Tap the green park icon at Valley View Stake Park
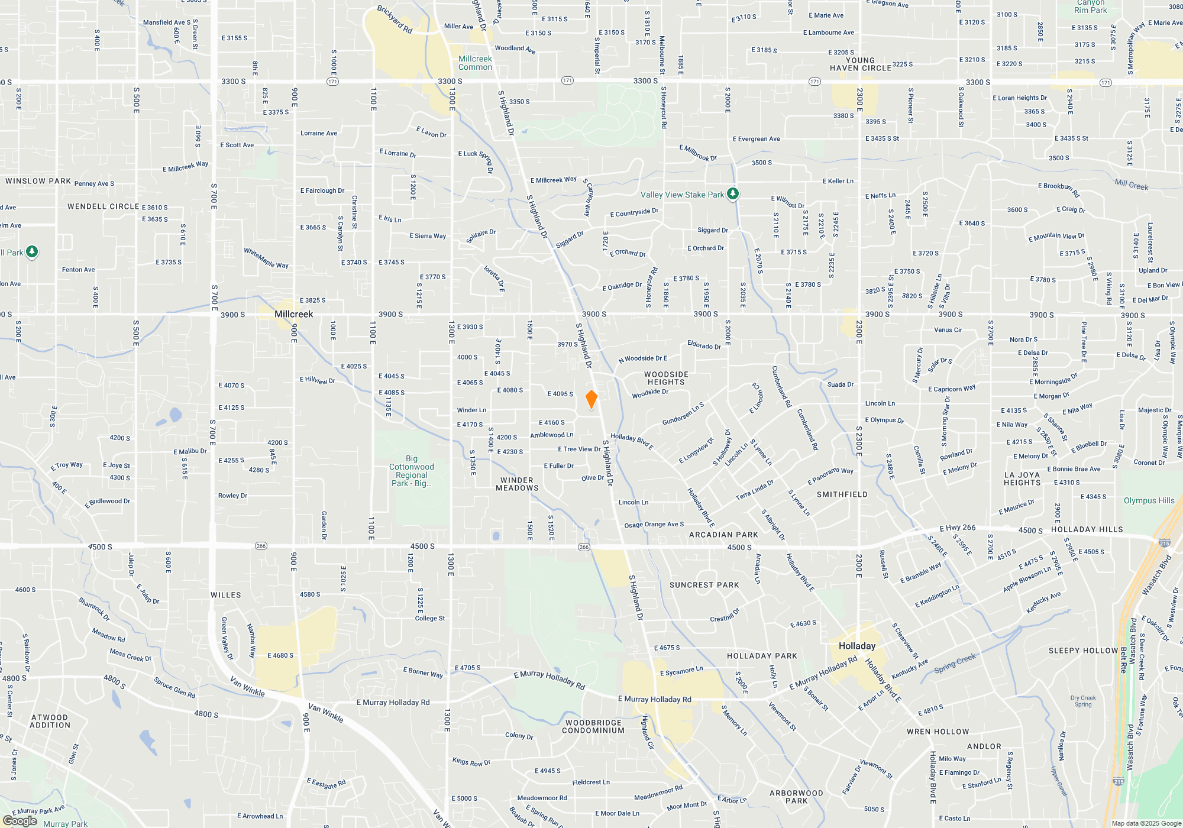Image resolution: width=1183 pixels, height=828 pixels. click(x=733, y=193)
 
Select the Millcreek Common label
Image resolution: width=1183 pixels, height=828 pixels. click(x=475, y=63)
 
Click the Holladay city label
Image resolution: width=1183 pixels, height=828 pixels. click(x=856, y=646)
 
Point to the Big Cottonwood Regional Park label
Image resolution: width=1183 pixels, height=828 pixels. click(x=412, y=471)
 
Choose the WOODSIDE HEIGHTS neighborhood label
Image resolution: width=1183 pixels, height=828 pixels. click(x=666, y=378)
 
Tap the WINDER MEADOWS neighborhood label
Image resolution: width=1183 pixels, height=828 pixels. click(x=517, y=484)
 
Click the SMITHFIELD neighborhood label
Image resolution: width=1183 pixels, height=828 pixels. click(x=842, y=494)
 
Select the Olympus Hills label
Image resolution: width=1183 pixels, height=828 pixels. click(x=1149, y=500)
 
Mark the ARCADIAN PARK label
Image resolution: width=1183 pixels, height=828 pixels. click(x=723, y=535)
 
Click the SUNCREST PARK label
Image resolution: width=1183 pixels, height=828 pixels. click(x=704, y=585)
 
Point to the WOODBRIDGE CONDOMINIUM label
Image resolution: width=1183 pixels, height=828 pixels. click(x=593, y=726)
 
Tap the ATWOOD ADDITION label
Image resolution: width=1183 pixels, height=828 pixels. click(x=50, y=721)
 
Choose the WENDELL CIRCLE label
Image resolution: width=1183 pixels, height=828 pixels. click(x=103, y=206)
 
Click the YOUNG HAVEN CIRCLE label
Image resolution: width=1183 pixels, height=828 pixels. click(x=860, y=64)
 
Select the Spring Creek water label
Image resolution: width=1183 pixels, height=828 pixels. click(x=955, y=663)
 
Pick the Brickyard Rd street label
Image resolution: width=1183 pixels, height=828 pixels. click(x=395, y=20)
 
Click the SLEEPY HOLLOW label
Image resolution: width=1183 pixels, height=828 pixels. click(x=1083, y=651)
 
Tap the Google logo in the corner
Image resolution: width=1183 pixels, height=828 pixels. click(x=20, y=820)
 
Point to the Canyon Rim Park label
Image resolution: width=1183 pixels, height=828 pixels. click(x=1090, y=7)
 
